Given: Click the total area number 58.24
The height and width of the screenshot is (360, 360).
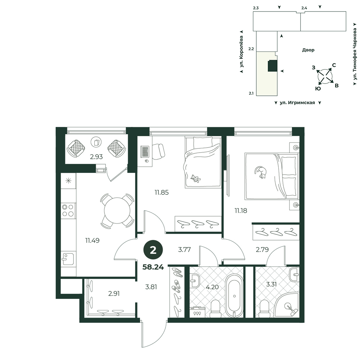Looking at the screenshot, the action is pos(153,267).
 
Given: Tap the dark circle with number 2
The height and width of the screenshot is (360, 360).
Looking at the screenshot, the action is pos(153,250).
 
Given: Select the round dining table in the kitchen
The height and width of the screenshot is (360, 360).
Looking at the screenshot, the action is pos(117,211).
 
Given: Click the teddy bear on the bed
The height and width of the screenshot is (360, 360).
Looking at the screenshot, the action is pos(195,179).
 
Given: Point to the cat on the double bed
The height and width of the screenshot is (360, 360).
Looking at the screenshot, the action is pos(261,172).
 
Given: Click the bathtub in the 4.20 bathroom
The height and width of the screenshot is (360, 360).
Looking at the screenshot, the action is pos(234,296).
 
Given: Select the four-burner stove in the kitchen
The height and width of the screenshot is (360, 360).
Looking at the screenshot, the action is pos(68,211).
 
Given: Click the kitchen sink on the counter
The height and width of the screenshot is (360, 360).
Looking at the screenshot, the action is pos(68,259).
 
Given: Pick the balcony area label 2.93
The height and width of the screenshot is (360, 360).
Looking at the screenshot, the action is pos(96,157).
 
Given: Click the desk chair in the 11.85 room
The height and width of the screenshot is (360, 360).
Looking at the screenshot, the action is pos(158,151).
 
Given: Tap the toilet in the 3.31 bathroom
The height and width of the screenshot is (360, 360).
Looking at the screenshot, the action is pos(264,309).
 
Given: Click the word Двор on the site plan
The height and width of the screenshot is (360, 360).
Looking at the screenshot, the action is pos(308,50).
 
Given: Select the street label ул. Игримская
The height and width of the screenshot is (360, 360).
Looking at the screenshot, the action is pos(297,103).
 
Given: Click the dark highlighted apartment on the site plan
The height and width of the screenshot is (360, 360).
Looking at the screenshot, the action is pos(273,66).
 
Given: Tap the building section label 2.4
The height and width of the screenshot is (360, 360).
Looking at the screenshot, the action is pos(304,8).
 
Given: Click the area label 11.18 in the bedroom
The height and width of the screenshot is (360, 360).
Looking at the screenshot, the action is pos(240,211).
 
